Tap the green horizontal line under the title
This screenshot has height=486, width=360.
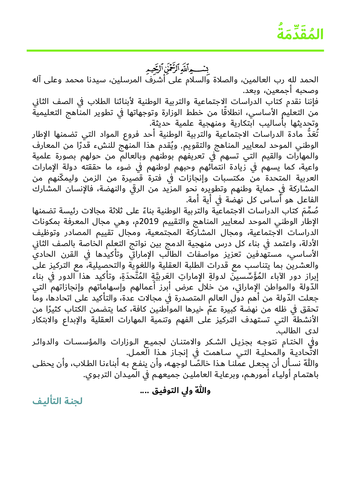coord(175,50)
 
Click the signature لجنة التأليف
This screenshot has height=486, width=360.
coord(58,401)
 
